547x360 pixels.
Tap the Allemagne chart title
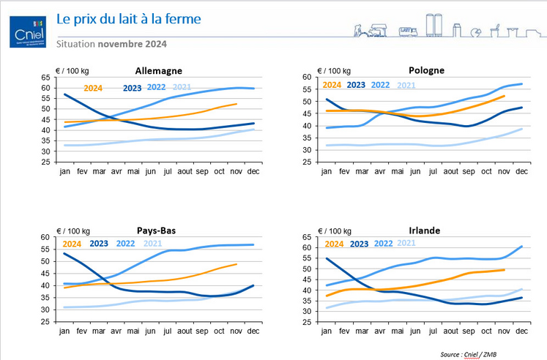(x=157, y=70)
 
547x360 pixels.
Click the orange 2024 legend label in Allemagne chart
(x=93, y=89)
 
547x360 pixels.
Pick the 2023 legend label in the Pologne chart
(x=356, y=85)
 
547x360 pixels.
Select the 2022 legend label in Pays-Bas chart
(x=125, y=244)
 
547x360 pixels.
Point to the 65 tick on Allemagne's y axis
(x=45, y=78)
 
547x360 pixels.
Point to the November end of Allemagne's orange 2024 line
(x=236, y=104)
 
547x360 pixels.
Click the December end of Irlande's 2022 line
(x=521, y=247)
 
